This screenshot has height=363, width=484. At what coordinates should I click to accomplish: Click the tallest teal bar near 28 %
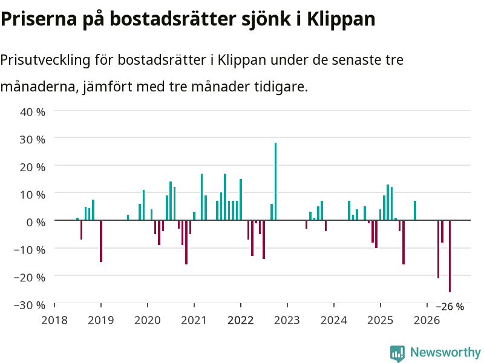[x=276, y=181]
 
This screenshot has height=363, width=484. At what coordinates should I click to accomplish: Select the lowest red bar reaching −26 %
[x=450, y=256]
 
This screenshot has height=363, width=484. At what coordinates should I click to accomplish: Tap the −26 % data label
[x=450, y=307]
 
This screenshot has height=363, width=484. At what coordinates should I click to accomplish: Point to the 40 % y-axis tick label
[x=33, y=112]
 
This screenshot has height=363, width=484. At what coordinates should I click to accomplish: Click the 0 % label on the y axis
[x=36, y=222]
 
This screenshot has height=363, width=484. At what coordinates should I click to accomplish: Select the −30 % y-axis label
[x=30, y=305]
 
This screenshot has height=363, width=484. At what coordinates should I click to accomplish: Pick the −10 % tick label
[x=30, y=250]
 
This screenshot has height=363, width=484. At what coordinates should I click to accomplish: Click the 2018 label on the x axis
[x=54, y=320]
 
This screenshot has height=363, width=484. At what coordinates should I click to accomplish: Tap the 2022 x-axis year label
[x=240, y=320]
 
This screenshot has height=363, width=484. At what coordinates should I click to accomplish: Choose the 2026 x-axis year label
[x=427, y=320]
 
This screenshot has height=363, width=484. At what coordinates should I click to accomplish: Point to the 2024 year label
[x=334, y=320]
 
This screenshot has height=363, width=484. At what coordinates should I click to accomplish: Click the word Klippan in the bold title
[x=341, y=19]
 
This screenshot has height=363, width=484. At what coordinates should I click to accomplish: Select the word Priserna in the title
[x=39, y=19]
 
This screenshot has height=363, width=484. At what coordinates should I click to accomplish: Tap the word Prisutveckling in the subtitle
[x=45, y=60]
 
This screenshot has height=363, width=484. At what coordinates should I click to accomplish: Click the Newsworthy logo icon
[x=397, y=353]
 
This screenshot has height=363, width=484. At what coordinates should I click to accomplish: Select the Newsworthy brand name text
[x=445, y=352]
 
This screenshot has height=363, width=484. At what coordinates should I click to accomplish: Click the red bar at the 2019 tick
[x=101, y=241]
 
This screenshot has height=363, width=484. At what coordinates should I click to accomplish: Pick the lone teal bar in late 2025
[x=415, y=211]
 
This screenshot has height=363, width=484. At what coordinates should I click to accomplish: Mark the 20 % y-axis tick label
[x=33, y=167]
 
